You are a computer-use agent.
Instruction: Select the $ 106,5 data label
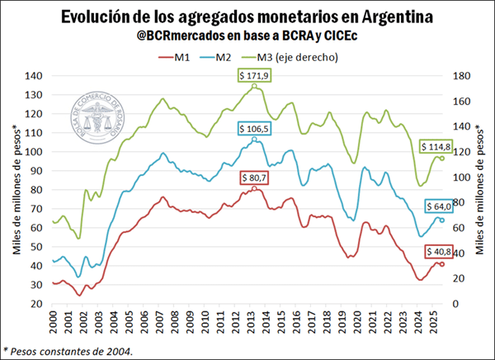pos(255,129)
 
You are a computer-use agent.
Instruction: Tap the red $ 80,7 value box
pos(255,178)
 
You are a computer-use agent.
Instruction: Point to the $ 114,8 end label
pos(442,146)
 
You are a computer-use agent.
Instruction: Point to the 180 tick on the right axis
pos(463,76)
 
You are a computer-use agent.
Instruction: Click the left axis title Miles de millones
pos(16,190)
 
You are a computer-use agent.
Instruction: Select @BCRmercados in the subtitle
pos(179,36)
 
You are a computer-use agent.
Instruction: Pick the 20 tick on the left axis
pos(36,304)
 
